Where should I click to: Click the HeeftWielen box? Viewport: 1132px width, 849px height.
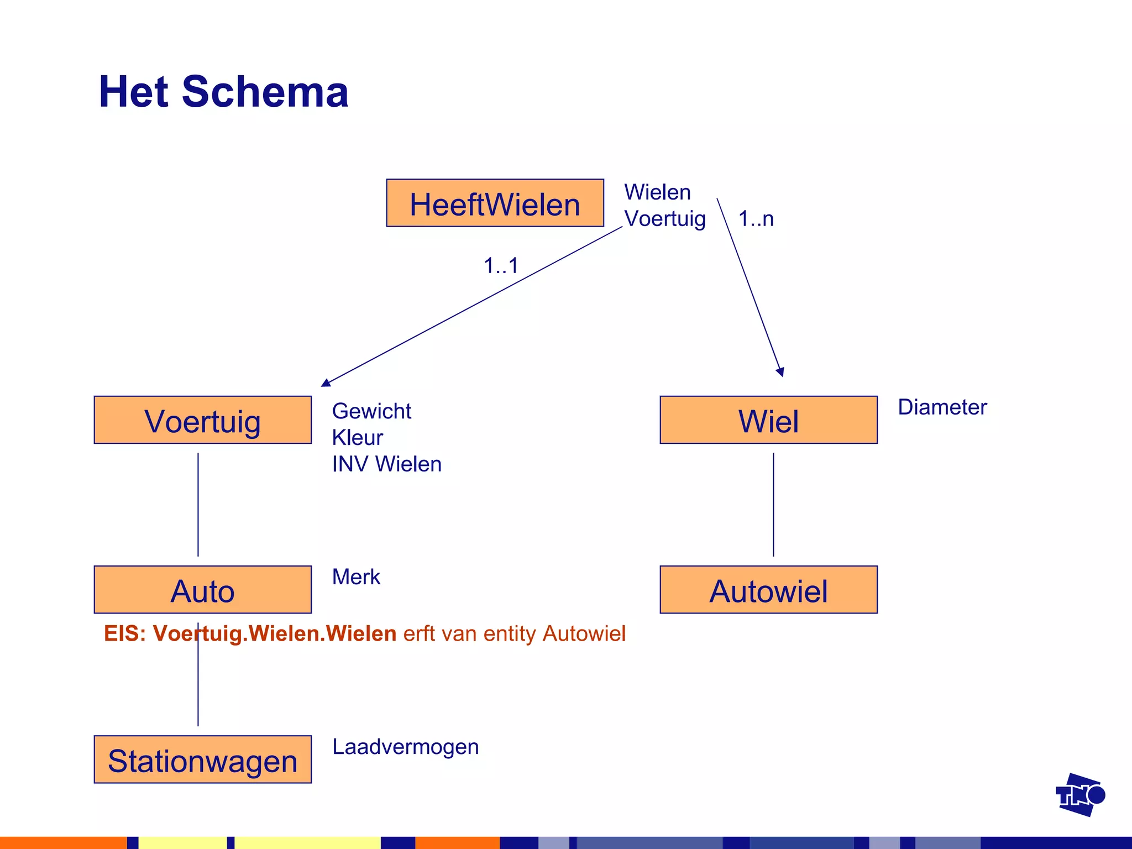coord(495,203)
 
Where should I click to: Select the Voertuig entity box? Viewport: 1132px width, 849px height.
coord(202,420)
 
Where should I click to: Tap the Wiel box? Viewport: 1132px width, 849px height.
coord(768,420)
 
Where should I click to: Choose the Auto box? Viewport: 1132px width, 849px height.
coord(202,590)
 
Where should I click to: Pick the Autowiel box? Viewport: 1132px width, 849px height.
coord(768,590)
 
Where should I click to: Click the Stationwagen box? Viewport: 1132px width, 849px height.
coord(202,759)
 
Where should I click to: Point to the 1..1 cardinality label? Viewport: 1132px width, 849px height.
coord(501,266)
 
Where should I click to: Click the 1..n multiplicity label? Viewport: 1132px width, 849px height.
coord(756,219)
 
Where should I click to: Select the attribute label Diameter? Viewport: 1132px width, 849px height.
coord(942,407)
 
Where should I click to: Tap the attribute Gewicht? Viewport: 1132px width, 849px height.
coord(371,411)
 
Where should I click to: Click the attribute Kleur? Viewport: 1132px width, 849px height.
coord(357,438)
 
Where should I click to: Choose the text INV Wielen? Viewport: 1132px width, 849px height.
coord(386,464)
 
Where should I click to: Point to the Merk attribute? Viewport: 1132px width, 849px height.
coord(356,577)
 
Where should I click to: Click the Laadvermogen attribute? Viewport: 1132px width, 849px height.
coord(405,747)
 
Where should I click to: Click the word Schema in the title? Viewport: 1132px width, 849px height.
coord(265,92)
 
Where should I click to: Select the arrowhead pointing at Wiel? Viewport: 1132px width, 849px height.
coord(780,372)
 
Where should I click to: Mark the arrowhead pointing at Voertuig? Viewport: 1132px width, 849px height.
coord(326,382)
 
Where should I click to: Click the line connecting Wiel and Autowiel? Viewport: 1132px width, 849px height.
coord(773,504)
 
